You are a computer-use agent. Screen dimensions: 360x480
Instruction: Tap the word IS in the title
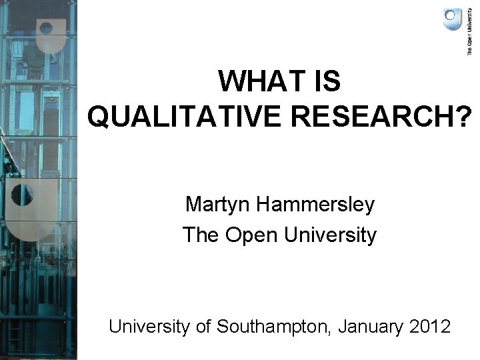(325, 82)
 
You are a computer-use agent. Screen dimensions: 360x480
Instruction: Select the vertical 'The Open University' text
(469, 33)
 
